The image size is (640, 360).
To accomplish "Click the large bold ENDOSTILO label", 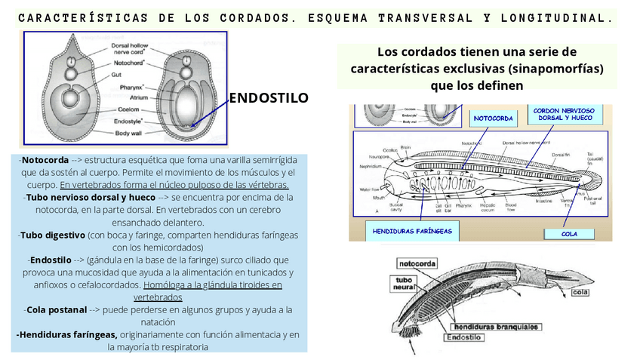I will click(x=268, y=98).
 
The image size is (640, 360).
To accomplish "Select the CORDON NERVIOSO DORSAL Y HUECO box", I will click(x=563, y=115).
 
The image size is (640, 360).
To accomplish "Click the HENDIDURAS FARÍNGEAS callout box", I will click(x=413, y=231).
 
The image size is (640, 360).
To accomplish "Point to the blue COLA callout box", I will click(x=569, y=234).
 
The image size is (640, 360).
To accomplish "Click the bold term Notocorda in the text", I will click(x=45, y=161).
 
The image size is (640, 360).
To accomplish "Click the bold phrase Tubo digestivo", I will click(x=51, y=235).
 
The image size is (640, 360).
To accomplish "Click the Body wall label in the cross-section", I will click(x=128, y=133).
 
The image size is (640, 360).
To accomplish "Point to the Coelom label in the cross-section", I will click(x=125, y=109).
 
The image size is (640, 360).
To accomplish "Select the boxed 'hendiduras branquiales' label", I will click(x=495, y=327).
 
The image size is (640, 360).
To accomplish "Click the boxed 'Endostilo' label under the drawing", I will click(x=466, y=337).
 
